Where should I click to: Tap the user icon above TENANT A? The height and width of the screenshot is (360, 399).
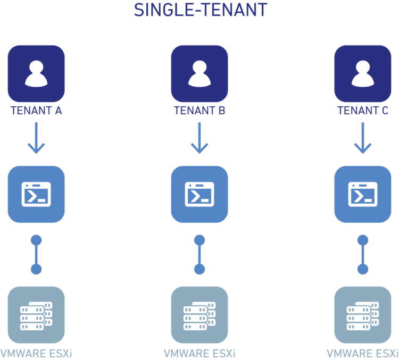pos(36,73)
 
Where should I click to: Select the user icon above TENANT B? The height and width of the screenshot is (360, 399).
pos(199,73)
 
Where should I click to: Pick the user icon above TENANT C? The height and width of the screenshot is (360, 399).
pos(363,73)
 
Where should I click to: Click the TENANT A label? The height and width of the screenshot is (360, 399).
pos(36,111)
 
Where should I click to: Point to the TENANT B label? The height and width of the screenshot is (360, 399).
pos(199,111)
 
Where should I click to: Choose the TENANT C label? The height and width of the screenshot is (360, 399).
pos(363,111)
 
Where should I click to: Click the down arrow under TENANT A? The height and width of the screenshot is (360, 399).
pos(36,138)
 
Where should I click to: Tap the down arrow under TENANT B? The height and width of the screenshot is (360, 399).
pos(199,138)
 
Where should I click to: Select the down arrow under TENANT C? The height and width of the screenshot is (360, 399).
pos(363,138)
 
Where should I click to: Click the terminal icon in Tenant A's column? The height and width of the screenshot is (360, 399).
pos(36,194)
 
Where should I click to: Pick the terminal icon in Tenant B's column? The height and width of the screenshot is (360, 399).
pos(199,194)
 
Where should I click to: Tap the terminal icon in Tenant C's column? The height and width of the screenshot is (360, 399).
pos(363,194)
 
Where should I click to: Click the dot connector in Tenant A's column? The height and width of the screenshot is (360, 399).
pos(36,254)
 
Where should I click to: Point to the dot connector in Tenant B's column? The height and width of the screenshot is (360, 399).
pos(199,254)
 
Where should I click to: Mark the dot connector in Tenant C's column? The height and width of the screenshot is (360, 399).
pos(363,254)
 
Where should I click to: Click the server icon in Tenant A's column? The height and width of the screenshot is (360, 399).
pos(36,315)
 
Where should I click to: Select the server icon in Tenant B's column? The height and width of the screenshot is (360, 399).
pos(199,315)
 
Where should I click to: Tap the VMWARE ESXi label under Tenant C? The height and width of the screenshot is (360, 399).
pos(362,354)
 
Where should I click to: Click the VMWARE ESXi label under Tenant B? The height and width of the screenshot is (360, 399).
pos(199,354)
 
